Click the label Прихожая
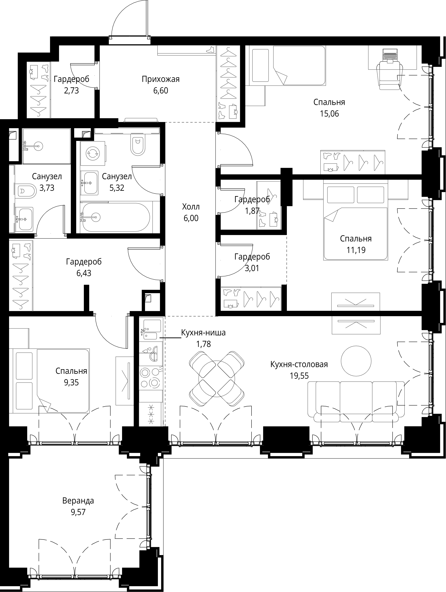pyautogui.click(x=161, y=79)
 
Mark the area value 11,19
pyautogui.click(x=356, y=250)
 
